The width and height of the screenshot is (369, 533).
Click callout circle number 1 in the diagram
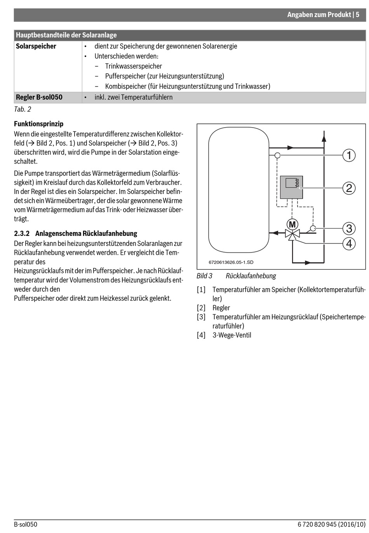coord(349,155)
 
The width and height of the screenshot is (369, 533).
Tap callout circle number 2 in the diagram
coord(349,188)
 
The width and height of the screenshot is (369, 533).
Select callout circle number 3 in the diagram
coord(349,228)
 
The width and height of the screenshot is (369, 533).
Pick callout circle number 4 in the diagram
coord(349,244)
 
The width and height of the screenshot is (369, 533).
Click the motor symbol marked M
coord(292,224)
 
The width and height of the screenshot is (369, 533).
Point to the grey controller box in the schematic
coord(291,187)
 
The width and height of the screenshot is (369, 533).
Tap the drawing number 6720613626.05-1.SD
coord(231,262)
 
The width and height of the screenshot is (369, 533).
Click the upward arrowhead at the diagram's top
coord(323,134)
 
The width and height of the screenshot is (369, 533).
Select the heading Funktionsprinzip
coord(38,124)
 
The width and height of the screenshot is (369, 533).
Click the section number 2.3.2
coord(22,234)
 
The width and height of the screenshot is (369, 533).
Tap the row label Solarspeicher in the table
coord(36,46)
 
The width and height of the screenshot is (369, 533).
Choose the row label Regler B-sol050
coord(39,97)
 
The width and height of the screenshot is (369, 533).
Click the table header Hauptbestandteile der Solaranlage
coord(66,35)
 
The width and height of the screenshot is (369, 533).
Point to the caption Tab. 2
coord(23,109)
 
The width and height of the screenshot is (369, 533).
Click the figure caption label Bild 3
coord(204,276)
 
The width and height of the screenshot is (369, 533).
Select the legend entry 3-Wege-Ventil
coord(231,335)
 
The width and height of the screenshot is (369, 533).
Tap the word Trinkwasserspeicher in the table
coord(133,66)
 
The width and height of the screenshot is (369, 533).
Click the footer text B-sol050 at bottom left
coord(26,524)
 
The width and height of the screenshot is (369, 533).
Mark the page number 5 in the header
coord(357,15)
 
